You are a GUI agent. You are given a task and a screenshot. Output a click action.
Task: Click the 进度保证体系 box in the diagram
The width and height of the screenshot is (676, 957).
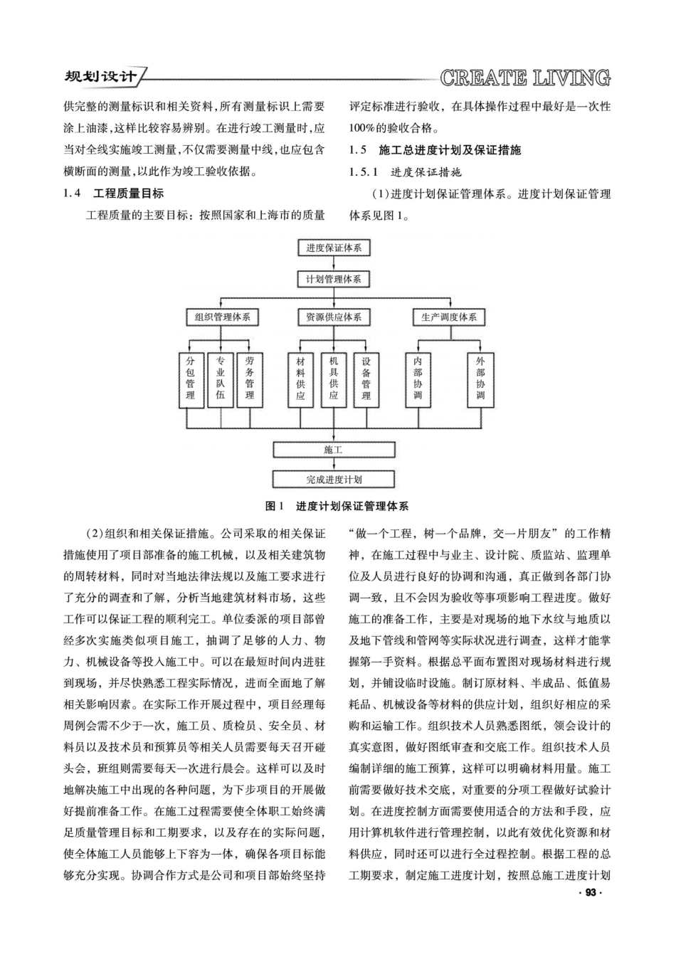tap(334, 248)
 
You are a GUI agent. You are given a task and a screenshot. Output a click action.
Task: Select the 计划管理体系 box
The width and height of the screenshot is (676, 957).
tap(334, 279)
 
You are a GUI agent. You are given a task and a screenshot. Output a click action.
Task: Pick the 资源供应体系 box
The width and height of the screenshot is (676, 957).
tap(334, 317)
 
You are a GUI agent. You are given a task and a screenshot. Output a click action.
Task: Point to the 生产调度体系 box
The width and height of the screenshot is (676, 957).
tap(449, 317)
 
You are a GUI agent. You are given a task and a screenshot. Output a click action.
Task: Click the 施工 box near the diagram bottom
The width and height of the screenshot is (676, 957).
tap(334, 450)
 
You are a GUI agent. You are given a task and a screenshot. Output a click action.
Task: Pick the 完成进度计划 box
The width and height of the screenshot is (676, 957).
tap(334, 480)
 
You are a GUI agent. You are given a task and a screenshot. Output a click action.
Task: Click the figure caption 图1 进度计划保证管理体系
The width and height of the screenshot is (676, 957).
tap(337, 506)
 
